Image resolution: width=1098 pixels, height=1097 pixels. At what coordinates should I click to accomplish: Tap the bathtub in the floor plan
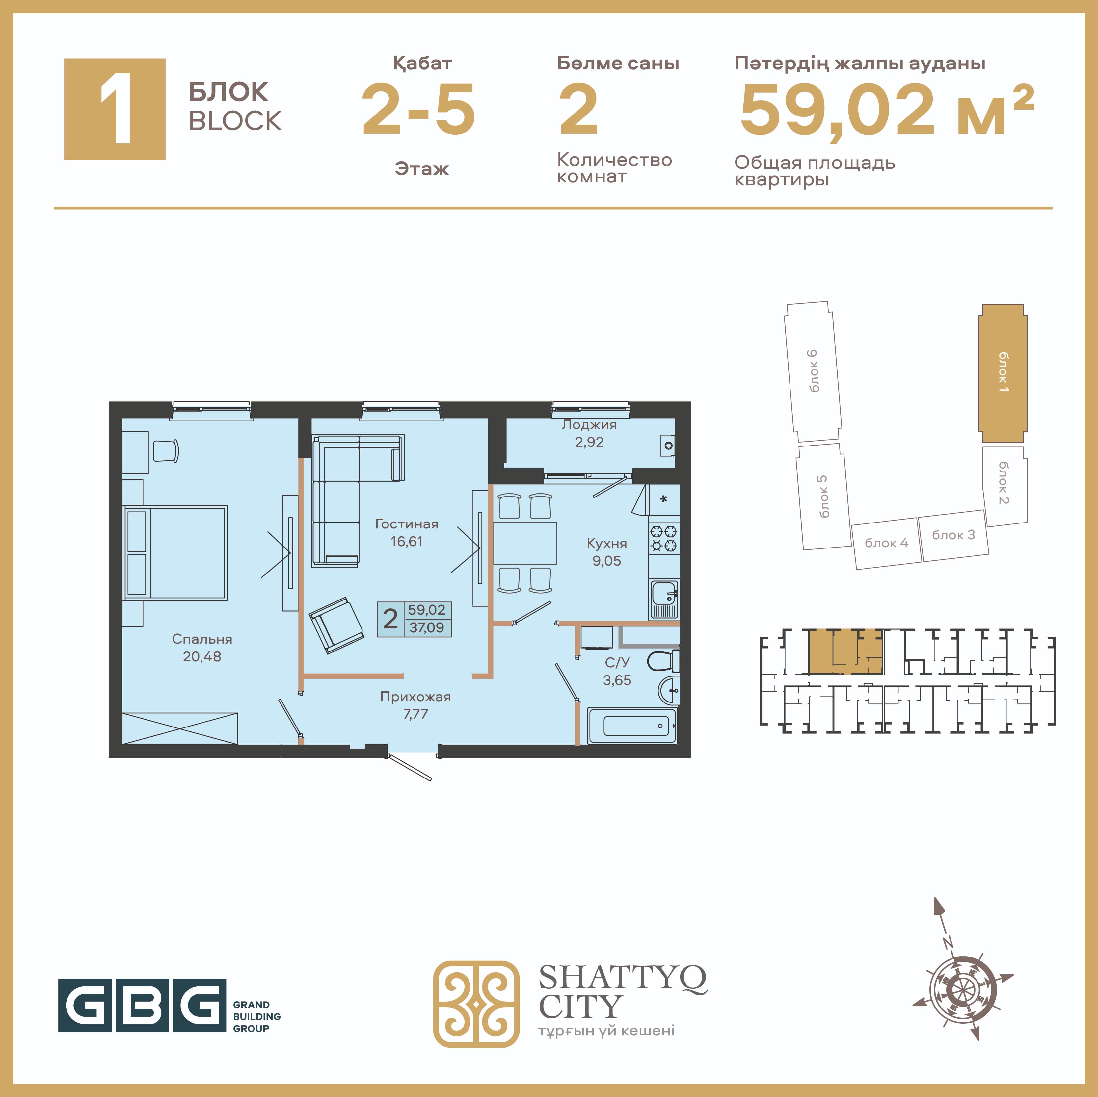tap(632, 726)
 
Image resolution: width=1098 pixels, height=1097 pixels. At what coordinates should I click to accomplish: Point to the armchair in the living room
tap(336, 625)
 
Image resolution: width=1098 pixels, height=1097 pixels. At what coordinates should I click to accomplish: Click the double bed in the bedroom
tap(175, 553)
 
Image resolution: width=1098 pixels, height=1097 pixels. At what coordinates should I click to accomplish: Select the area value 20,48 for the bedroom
tap(202, 657)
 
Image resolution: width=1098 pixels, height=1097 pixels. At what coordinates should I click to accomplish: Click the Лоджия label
tap(589, 425)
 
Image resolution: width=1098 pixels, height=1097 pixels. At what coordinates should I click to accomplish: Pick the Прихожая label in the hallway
tap(415, 697)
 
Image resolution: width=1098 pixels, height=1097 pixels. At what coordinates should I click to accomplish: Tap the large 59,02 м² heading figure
tap(887, 109)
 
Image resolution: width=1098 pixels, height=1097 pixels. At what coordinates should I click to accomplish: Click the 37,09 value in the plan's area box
tap(427, 628)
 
